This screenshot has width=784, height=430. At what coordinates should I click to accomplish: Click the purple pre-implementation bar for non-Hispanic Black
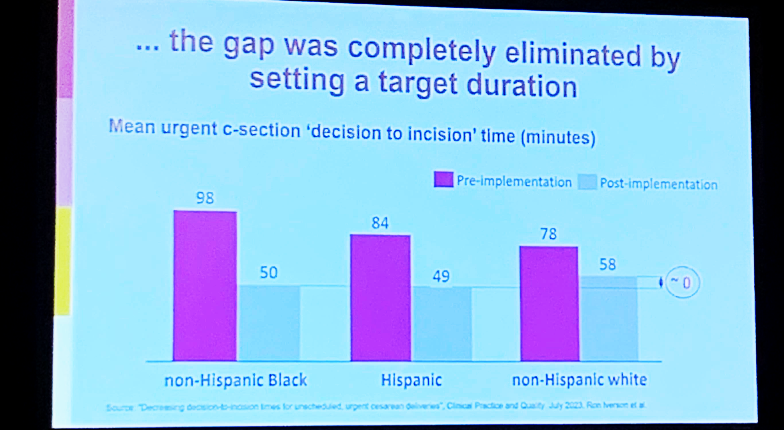pos(205,286)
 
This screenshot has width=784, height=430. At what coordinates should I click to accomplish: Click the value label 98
pos(205,198)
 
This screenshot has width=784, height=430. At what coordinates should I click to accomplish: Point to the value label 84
pos(380,223)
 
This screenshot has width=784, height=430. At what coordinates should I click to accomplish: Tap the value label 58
pos(608,264)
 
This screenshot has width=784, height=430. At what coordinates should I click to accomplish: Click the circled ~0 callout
pos(682,283)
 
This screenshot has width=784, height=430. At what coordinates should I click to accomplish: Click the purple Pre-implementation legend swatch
pos(443,179)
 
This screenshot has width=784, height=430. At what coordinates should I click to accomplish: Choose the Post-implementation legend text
pos(659,184)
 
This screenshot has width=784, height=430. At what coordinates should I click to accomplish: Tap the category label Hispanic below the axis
pos(411,380)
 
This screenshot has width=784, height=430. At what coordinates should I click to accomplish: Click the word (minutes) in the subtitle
pos(558,137)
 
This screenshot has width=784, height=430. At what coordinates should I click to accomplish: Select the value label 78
pos(549,234)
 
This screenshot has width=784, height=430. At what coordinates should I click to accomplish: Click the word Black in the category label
pos(288,380)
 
